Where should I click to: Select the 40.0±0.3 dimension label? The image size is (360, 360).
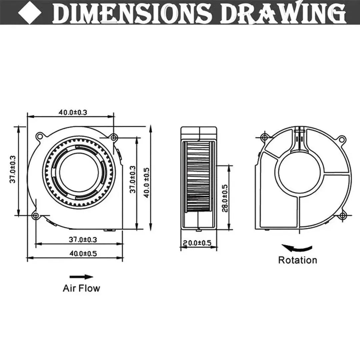pos(73,112)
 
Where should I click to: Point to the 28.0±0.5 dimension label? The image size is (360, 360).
pos(225,198)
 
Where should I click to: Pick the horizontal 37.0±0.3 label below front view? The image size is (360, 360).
pos(83,239)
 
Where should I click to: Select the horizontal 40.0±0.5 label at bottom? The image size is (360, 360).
pos(83,254)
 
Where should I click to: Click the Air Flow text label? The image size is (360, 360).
pos(81,288)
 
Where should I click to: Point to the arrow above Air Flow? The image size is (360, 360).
pos(81,277)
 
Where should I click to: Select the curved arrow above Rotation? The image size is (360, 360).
pos(297,248)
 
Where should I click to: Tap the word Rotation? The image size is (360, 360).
pos(297,260)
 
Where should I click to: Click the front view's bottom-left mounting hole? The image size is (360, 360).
pos(35,216)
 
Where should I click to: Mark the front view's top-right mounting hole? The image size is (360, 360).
pos(114,137)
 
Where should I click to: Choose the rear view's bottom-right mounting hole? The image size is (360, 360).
pos(342,216)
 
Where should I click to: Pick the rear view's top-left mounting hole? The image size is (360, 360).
pos(265,137)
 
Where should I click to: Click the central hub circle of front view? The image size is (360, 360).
pos(79,172)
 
